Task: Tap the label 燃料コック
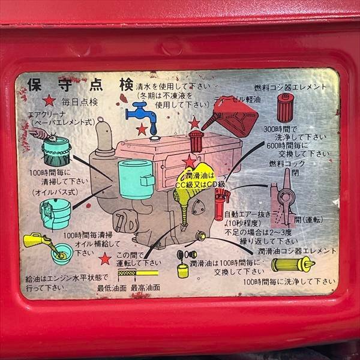pyautogui.click(x=287, y=164)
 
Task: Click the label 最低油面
pyautogui.click(x=112, y=287)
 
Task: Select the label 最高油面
pyautogui.click(x=145, y=287)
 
